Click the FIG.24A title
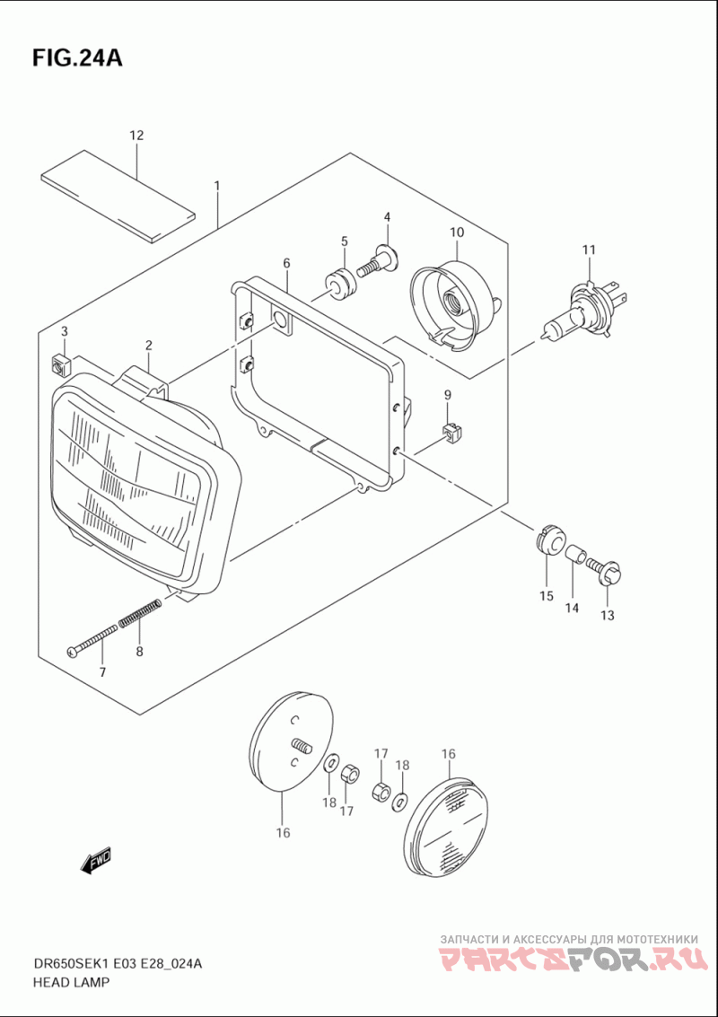[x=76, y=58]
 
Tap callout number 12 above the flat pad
[x=136, y=136]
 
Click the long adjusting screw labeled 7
[x=92, y=640]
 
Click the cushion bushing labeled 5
[x=340, y=285]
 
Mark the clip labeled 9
[x=450, y=433]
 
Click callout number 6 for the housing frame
[x=286, y=263]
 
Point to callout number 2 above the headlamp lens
[x=148, y=345]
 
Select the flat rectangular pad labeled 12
[x=118, y=197]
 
